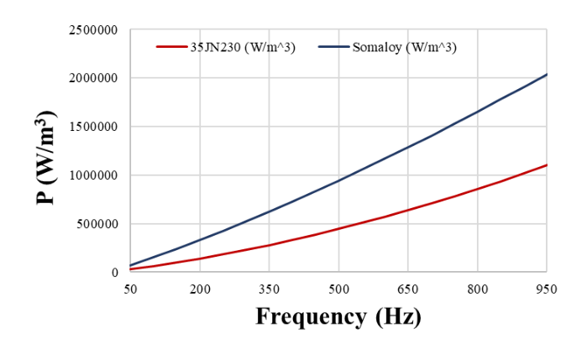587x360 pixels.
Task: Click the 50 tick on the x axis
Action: coord(130,288)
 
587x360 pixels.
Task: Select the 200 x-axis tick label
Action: coord(200,288)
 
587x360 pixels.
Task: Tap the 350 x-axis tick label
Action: coord(269,288)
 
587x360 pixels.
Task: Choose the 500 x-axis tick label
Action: coord(338,288)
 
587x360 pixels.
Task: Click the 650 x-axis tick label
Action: coord(408,288)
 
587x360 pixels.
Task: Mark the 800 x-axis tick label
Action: coord(477,288)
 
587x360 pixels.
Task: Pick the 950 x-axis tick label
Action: coord(546,288)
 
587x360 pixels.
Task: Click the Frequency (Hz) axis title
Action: coord(338,317)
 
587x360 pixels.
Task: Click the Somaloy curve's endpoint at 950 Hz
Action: coord(547,75)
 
